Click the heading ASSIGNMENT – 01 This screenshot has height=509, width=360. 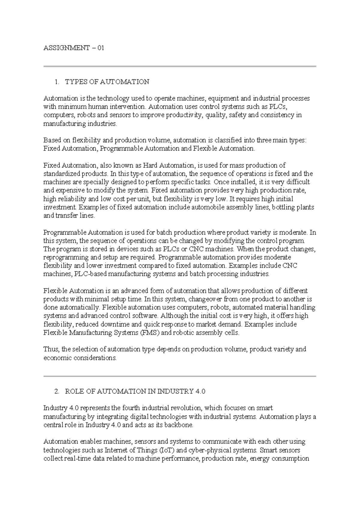[74, 48]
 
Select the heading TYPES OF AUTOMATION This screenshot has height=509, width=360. [107, 82]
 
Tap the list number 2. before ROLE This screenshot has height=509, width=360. [57, 391]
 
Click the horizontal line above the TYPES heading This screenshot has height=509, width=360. [180, 66]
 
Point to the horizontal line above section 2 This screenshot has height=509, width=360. [180, 376]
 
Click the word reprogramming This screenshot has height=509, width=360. [66, 258]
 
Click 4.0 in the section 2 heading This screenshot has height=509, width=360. [200, 391]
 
